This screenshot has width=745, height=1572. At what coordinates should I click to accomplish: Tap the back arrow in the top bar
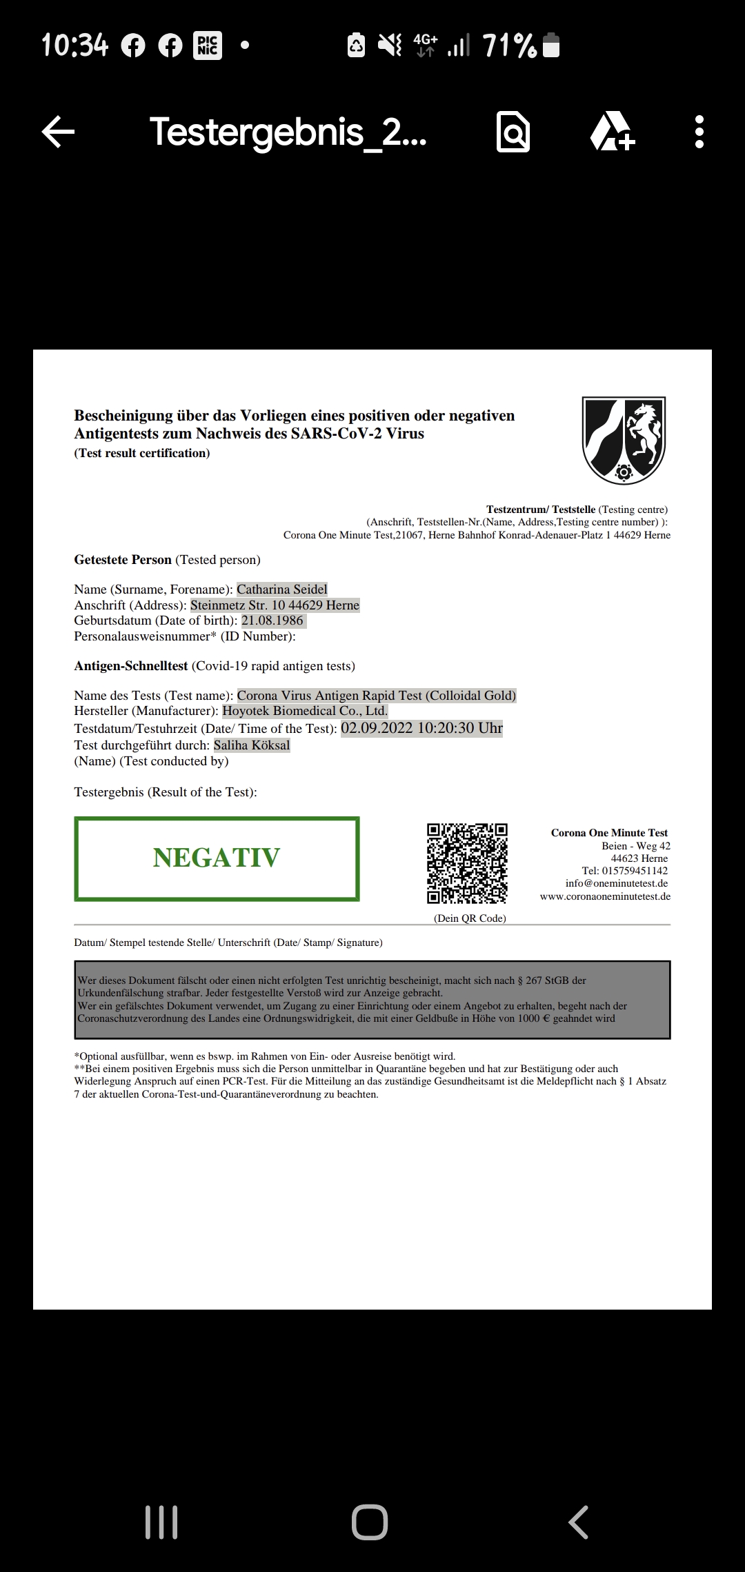click(59, 132)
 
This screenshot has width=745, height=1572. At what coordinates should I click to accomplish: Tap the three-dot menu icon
click(699, 132)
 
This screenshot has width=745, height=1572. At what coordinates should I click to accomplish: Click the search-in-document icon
click(513, 132)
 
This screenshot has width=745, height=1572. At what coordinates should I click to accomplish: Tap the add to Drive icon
click(612, 132)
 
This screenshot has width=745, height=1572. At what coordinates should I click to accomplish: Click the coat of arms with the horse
click(624, 440)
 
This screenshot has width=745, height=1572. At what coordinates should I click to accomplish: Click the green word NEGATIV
click(217, 858)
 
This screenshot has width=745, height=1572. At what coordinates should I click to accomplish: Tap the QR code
click(467, 863)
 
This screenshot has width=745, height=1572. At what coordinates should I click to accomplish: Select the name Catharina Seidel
click(282, 589)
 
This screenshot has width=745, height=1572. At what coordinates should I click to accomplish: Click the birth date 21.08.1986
click(272, 621)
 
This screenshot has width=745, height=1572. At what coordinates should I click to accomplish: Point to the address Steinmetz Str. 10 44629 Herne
click(275, 605)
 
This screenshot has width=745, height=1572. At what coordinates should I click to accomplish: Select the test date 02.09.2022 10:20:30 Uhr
click(421, 728)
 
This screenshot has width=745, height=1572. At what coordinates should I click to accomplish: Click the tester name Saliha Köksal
click(252, 745)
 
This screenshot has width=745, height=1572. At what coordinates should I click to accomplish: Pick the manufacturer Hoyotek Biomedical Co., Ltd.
click(305, 711)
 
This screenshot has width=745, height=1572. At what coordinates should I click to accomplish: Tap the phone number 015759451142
click(635, 871)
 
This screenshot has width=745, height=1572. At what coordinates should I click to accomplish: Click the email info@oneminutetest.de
click(617, 883)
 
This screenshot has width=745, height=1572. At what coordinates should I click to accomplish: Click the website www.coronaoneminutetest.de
click(605, 896)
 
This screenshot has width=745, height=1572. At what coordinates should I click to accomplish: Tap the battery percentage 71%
click(510, 46)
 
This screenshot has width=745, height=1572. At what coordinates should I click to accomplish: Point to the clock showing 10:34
click(75, 46)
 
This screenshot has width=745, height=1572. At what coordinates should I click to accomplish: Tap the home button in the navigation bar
click(370, 1522)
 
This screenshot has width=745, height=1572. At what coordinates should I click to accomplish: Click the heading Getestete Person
click(123, 560)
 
